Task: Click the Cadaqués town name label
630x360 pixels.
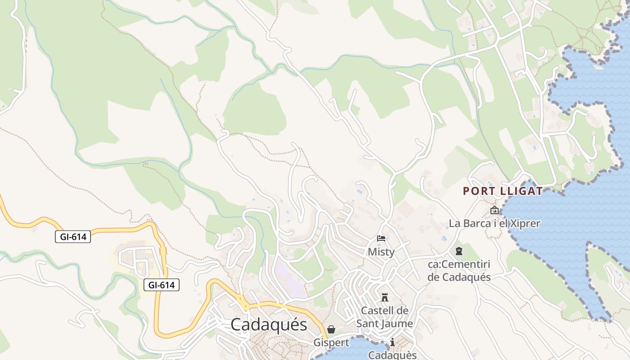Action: point(269,324)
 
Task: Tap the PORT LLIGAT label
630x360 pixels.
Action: point(503,191)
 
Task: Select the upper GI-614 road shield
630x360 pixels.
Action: point(73,237)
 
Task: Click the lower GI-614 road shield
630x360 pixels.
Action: point(162,285)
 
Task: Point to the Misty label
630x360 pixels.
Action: point(381,252)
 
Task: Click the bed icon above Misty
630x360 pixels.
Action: point(381,239)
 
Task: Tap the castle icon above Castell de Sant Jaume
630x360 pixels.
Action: point(385,297)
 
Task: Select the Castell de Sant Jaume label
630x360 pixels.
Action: point(385,317)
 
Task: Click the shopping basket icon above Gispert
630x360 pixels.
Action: point(331,329)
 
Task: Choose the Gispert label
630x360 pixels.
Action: point(331,342)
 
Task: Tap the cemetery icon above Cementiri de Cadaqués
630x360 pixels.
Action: point(459,251)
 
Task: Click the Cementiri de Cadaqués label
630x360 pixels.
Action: point(459,270)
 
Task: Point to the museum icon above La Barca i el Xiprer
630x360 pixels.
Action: point(494,210)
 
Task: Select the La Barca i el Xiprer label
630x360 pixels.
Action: point(494,223)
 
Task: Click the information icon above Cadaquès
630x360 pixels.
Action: point(392,342)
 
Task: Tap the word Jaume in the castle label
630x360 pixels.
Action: point(398,323)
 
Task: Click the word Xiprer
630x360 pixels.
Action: point(524,223)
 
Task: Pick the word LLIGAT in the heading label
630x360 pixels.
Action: point(522,191)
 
